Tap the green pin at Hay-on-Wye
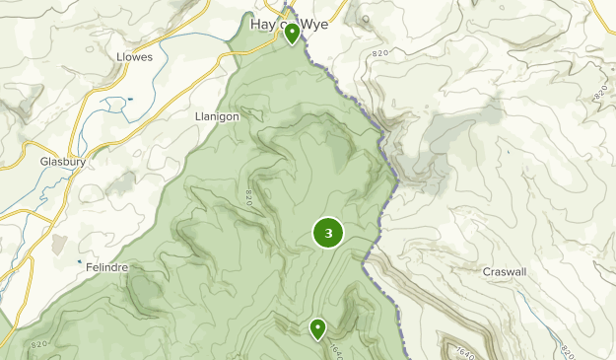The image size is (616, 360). click(292, 35)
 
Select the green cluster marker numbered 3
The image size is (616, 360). click(328, 233)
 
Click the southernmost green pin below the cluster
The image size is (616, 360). click(317, 328)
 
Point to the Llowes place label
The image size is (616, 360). click(134, 58)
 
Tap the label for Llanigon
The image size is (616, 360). click(218, 116)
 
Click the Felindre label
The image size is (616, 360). click(108, 267)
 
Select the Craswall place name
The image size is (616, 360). click(508, 271)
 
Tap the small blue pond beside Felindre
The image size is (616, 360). click(80, 261)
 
